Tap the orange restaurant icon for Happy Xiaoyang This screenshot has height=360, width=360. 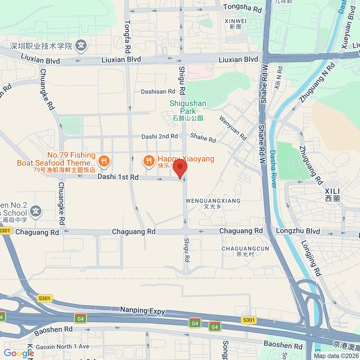(149, 161)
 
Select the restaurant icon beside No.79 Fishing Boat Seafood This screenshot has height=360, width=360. (104, 161)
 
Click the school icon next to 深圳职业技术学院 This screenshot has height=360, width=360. (81, 46)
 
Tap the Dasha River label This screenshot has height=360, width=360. (273, 169)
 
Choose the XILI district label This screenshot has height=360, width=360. (332, 194)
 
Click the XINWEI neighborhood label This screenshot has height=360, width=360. (235, 24)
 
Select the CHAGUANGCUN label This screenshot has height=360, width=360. (245, 251)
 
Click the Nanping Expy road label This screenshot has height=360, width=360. (142, 311)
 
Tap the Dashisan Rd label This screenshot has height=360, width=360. (158, 91)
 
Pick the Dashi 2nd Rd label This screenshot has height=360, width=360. (160, 136)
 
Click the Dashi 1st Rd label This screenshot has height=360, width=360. (118, 177)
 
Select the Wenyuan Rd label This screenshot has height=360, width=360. (233, 128)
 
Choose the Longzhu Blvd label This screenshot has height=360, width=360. (298, 231)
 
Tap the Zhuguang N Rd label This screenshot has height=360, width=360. (317, 82)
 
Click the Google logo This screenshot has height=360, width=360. (19, 353)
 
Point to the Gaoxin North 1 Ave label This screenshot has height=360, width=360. (62, 347)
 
